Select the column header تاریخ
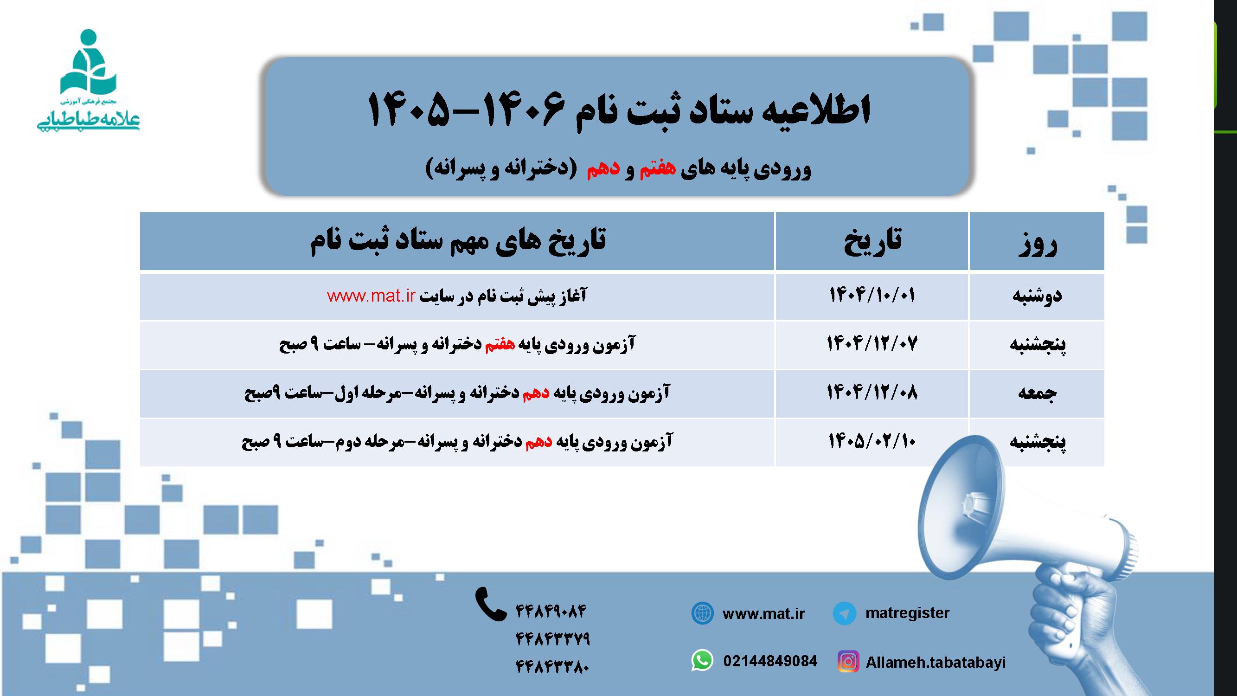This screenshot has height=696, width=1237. (872, 241)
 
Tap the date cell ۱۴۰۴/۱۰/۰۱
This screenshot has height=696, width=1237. (872, 296)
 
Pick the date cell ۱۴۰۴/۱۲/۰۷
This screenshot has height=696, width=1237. (872, 344)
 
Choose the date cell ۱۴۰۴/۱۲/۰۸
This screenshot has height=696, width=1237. (872, 393)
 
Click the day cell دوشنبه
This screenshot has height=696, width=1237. (1037, 296)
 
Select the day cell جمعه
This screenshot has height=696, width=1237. (1037, 393)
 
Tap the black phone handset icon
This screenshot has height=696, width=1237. (490, 604)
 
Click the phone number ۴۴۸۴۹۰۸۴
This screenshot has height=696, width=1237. (551, 612)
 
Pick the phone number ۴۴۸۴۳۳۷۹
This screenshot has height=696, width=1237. (552, 639)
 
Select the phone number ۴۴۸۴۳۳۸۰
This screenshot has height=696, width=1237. (552, 667)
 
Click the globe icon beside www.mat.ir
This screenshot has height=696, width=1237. (702, 614)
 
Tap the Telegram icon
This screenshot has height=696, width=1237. (844, 614)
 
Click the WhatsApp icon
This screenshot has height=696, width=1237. (702, 661)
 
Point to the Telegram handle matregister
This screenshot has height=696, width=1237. (907, 613)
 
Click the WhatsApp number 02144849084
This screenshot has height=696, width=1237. (770, 661)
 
